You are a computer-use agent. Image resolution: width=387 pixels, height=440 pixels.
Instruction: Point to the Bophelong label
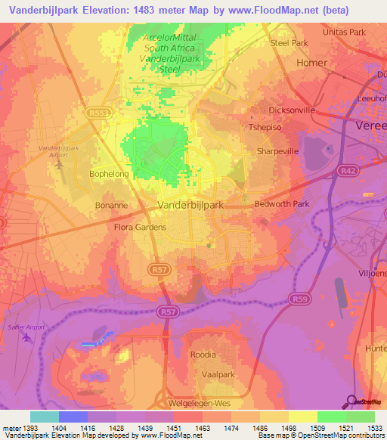(110, 174)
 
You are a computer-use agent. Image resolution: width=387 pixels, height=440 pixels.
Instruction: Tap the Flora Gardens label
(139, 227)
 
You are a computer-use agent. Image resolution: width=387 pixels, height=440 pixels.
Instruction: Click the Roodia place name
(203, 355)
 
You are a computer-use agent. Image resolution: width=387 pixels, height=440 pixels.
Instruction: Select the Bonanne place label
(111, 205)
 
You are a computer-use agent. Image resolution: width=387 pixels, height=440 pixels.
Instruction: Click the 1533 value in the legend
(373, 427)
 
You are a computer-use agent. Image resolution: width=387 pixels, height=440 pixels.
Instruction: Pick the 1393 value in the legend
(31, 427)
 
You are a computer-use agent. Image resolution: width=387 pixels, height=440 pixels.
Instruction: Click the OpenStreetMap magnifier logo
(351, 401)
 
